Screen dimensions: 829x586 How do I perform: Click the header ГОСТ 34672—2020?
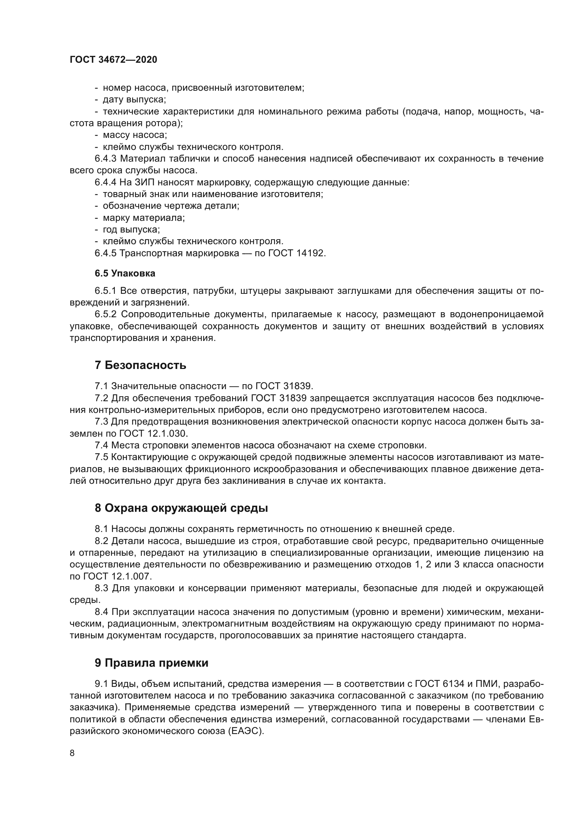pyautogui.click(x=113, y=60)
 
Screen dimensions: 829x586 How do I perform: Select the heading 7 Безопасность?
pyautogui.click(x=140, y=365)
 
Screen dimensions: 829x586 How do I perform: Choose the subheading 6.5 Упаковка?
pyautogui.click(x=125, y=273)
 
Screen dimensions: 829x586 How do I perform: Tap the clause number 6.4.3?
pyautogui.click(x=105, y=158)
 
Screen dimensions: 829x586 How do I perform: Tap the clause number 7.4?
pyautogui.click(x=102, y=445)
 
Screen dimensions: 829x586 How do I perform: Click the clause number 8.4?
pyautogui.click(x=102, y=612)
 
